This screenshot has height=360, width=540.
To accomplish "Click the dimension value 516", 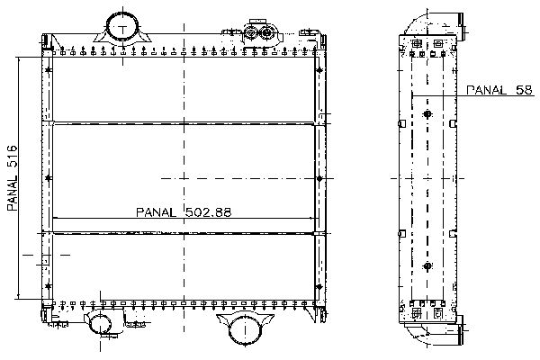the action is click(12, 157).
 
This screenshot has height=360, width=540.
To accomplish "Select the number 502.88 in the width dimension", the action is click(209, 211).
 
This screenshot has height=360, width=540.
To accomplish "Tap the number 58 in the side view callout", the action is click(524, 90).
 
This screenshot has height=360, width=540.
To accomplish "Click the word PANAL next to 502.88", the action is click(156, 212).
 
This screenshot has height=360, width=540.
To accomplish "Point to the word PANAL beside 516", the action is click(12, 193).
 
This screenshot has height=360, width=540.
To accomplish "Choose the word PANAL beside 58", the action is click(486, 90).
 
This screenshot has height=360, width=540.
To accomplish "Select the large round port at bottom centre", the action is click(245, 329).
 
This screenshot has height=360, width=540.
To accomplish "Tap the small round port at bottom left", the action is click(100, 323).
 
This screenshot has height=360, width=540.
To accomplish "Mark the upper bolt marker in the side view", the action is click(427, 114).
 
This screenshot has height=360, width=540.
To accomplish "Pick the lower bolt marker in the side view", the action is click(427, 266).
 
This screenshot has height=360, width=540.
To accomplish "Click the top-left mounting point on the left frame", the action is click(49, 70).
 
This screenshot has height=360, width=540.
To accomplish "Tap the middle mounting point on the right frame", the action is click(319, 178).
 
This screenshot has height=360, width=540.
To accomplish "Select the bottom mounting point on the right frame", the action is click(319, 286).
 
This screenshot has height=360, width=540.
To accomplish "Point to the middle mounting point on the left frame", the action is click(49, 178).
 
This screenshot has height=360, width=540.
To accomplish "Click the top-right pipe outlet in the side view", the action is click(459, 22).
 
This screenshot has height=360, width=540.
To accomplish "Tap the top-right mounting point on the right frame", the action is click(319, 70).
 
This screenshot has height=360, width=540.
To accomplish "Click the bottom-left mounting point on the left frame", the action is click(49, 286).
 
